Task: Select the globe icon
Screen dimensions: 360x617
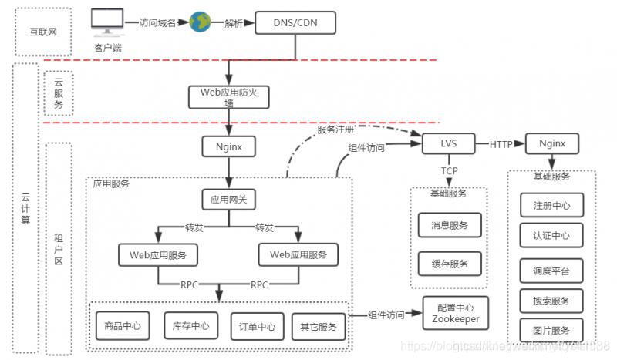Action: pyautogui.click(x=200, y=22)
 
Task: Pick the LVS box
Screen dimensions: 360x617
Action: pyautogui.click(x=447, y=143)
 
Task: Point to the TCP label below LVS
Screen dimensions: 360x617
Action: pyautogui.click(x=450, y=170)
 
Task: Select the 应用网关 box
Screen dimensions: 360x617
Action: pyautogui.click(x=228, y=200)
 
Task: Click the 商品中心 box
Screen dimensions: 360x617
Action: pyautogui.click(x=122, y=326)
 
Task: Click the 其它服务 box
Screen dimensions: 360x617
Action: pyautogui.click(x=317, y=326)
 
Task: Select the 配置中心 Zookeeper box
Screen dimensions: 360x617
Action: pyautogui.click(x=455, y=312)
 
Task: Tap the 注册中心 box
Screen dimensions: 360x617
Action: pyautogui.click(x=551, y=206)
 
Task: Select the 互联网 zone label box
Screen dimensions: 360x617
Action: pyautogui.click(x=43, y=32)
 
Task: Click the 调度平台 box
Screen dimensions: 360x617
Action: pyautogui.click(x=551, y=271)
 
